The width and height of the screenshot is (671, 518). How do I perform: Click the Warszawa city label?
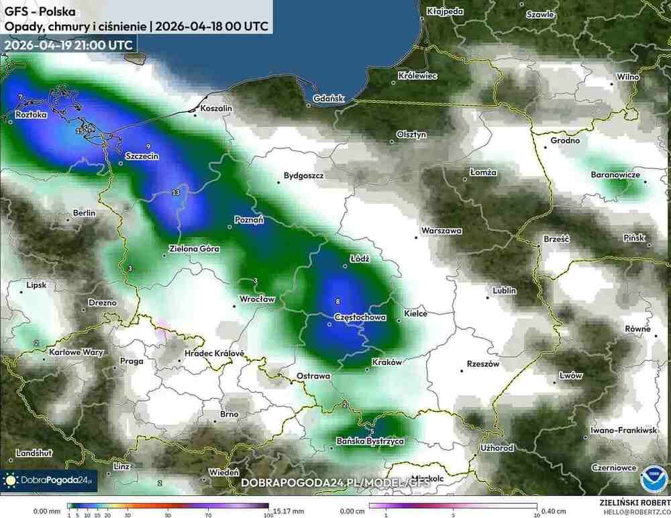click(442, 231)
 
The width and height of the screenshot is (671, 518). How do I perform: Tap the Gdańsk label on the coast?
click(329, 99)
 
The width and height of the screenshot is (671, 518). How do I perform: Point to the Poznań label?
click(249, 219)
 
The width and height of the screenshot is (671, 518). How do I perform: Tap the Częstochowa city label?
click(360, 317)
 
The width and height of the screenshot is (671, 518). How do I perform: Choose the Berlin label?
click(84, 213)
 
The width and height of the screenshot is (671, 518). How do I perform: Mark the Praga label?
click(132, 361)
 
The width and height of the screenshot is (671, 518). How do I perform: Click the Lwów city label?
click(571, 376)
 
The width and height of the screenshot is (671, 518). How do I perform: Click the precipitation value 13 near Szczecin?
click(176, 193)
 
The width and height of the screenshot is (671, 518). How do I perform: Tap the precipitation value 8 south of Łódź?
click(338, 301)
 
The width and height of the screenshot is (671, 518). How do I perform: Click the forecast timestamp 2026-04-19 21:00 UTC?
click(68, 44)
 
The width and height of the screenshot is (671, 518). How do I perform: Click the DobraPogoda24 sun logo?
click(11, 480)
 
